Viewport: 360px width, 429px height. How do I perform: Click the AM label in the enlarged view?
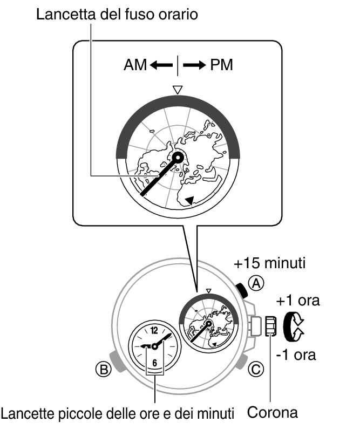[135, 65]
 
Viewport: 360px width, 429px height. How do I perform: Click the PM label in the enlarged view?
[221, 65]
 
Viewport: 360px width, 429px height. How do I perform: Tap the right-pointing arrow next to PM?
[194, 65]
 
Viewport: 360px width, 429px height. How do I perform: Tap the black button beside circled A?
[243, 291]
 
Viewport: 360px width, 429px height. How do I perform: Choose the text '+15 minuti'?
[269, 264]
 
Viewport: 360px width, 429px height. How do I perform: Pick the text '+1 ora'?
[298, 301]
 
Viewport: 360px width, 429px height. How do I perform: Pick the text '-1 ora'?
[296, 355]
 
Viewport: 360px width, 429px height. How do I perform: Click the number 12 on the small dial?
[155, 330]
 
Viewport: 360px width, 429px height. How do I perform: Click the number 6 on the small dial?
[155, 362]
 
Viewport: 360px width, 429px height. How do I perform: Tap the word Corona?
[272, 413]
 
